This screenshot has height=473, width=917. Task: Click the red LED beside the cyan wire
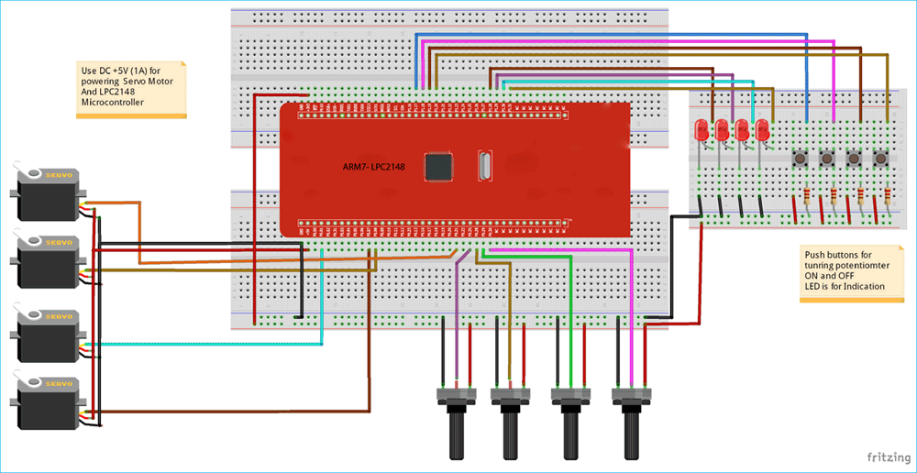(x=761, y=131)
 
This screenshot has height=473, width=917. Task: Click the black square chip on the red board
(x=439, y=166)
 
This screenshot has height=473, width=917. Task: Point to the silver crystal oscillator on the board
(x=484, y=167)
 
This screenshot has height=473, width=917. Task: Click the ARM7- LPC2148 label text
(x=375, y=169)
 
